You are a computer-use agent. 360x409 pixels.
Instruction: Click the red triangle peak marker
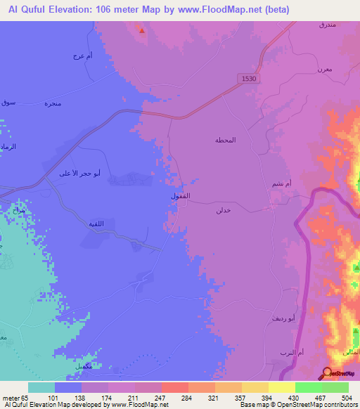pyautogui.click(x=141, y=30)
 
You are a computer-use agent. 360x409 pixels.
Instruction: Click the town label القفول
pyautogui.click(x=181, y=195)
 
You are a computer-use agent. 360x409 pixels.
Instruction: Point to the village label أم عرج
pyautogui.click(x=82, y=56)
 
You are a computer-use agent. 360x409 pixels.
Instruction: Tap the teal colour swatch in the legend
pyautogui.click(x=41, y=387)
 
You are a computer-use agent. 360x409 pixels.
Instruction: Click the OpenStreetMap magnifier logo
pyautogui.click(x=328, y=375)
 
